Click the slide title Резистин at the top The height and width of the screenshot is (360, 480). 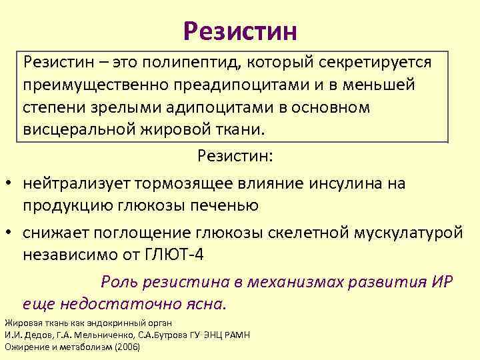[240, 29]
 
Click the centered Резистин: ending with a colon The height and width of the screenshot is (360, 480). [239, 157]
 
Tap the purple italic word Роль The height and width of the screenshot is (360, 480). [119, 281]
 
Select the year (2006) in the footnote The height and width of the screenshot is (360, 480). [128, 347]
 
